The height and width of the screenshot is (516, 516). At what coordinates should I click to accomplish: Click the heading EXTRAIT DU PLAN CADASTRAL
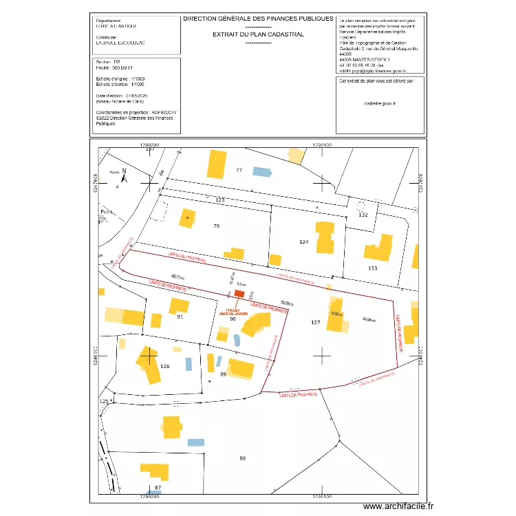tap(258, 33)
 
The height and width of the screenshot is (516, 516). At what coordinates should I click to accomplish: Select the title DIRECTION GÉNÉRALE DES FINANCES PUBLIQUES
tap(258, 19)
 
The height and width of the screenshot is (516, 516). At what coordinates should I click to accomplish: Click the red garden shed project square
tap(239, 293)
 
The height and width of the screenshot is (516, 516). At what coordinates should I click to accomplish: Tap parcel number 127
tap(316, 322)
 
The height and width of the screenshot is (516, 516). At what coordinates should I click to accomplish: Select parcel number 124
tap(304, 241)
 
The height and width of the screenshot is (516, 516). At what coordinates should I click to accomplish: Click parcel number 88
tap(242, 458)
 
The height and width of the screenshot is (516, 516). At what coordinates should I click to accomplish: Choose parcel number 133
tap(373, 268)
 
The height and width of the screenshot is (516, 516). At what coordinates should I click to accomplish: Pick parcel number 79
tap(216, 226)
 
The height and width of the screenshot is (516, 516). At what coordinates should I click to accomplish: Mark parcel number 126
tap(164, 366)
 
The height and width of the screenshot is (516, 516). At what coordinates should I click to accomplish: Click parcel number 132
tap(364, 215)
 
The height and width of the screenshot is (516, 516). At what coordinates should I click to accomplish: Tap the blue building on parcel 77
tap(261, 171)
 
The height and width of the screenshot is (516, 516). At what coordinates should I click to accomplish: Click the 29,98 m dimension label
tap(369, 319)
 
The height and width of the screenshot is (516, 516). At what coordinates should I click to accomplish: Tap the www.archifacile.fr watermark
tap(398, 506)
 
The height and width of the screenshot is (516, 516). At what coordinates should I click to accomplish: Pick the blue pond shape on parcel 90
tap(237, 340)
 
